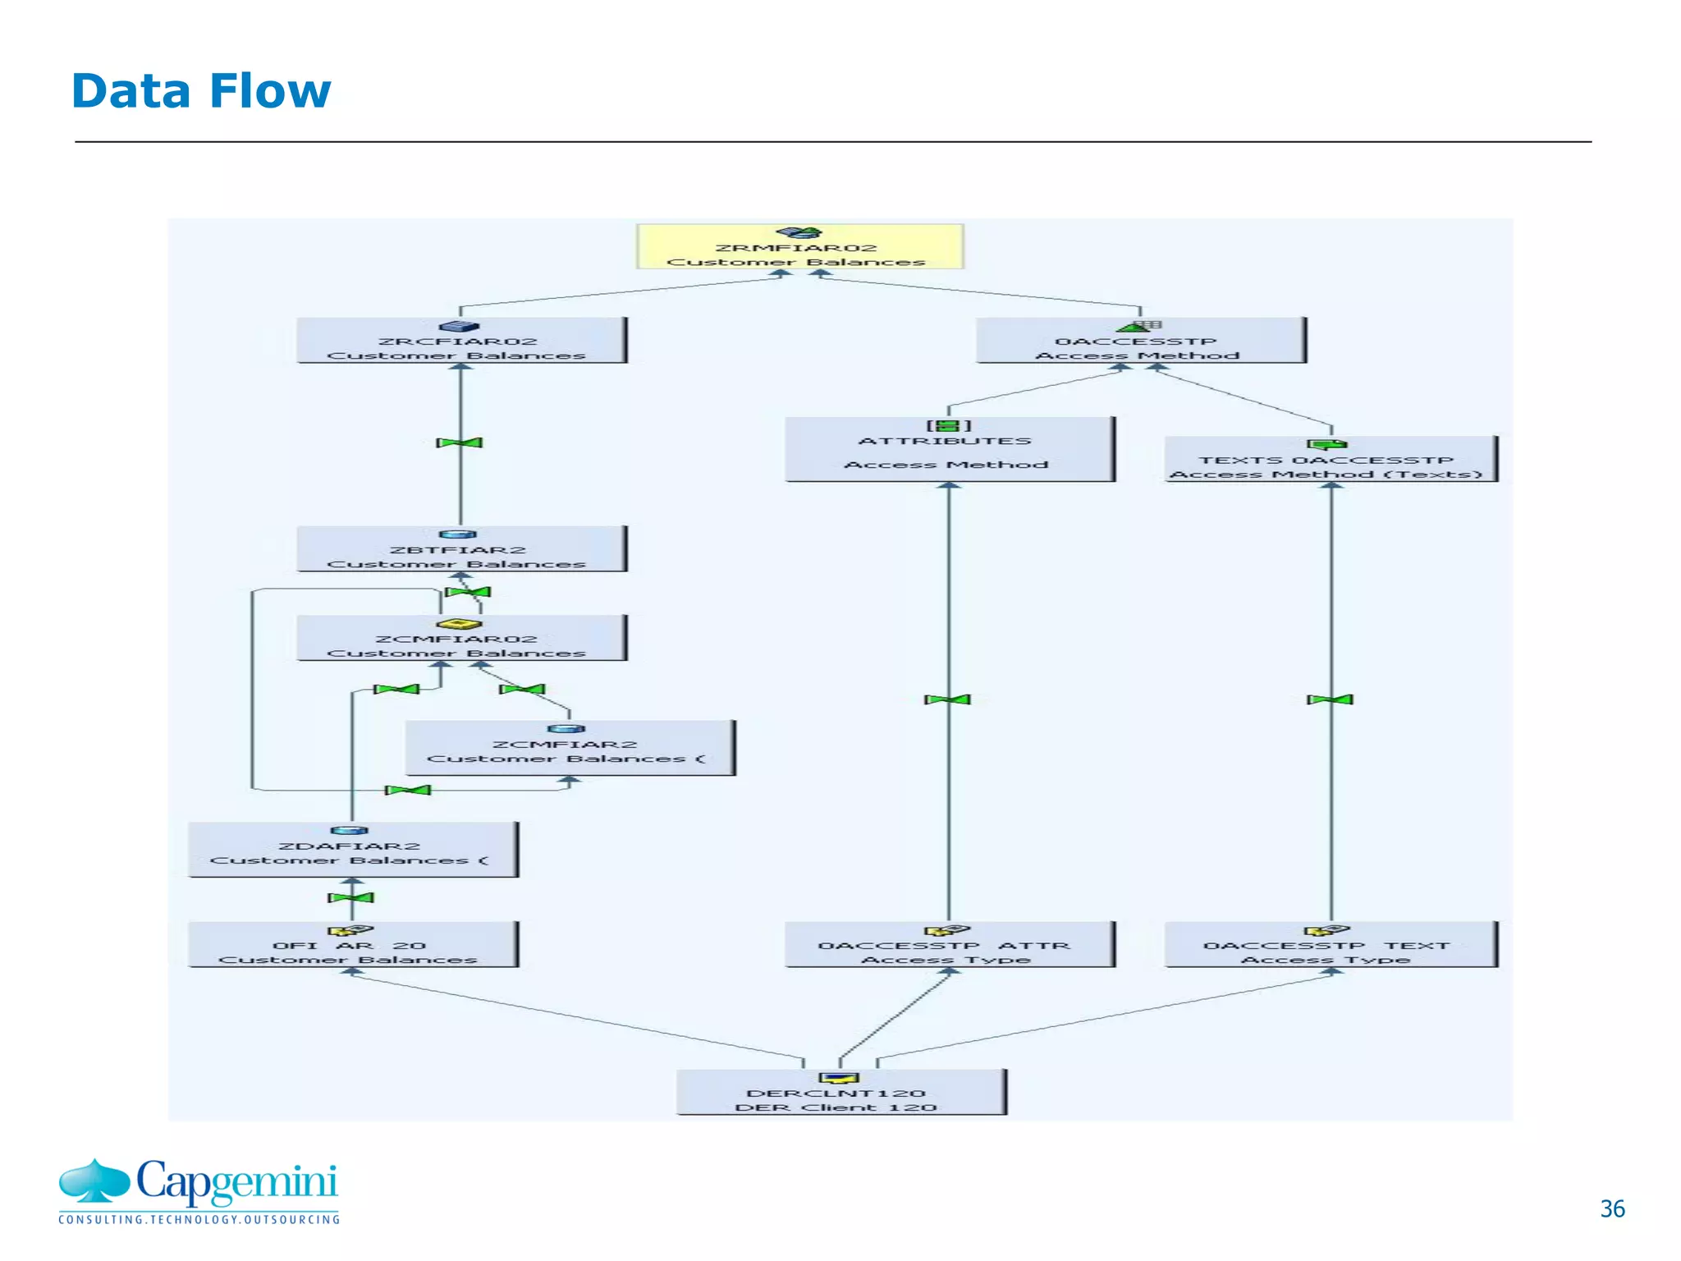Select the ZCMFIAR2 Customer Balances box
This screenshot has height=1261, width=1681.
[x=570, y=748]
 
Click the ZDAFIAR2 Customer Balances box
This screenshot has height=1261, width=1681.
[x=352, y=850]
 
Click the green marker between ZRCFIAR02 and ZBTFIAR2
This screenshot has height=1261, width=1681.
[x=460, y=443]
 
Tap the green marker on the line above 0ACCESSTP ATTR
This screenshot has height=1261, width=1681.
[x=948, y=699]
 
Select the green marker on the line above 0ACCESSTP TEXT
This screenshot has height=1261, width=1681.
[x=1331, y=699]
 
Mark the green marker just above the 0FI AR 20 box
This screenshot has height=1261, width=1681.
[x=351, y=897]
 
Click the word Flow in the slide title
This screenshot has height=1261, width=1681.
[x=270, y=91]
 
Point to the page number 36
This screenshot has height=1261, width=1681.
[x=1612, y=1208]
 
